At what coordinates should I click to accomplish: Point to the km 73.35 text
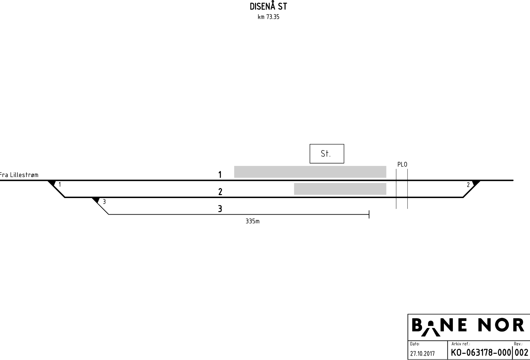[x=268, y=17]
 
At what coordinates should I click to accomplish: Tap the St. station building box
[x=327, y=154]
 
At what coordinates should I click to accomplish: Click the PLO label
[x=402, y=164]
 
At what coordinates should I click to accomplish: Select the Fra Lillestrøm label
[x=19, y=175]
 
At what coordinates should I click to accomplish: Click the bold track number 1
[x=220, y=175]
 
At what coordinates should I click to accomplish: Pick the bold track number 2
[x=220, y=191]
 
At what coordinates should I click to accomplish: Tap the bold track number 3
[x=220, y=209]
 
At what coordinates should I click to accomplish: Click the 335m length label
[x=252, y=221]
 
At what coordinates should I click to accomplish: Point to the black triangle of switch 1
[x=52, y=183]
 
